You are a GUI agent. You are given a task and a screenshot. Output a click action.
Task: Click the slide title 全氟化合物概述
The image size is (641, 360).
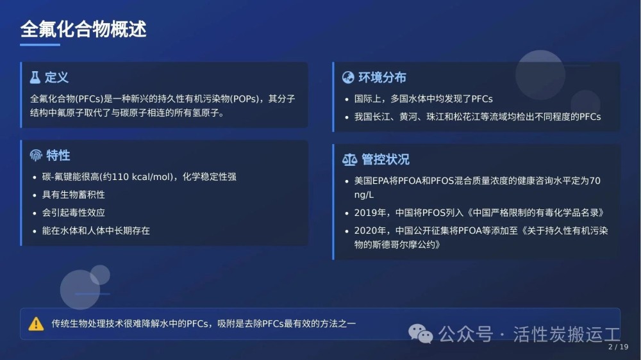pyautogui.click(x=83, y=29)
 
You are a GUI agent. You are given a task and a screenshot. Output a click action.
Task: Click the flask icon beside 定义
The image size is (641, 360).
pyautogui.click(x=35, y=78)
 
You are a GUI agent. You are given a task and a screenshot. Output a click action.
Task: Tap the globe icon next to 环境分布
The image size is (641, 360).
pyautogui.click(x=348, y=78)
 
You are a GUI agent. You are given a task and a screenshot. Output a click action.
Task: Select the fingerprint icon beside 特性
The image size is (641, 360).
pyautogui.click(x=36, y=155)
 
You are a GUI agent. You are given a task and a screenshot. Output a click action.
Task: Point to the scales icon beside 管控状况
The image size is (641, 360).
pyautogui.click(x=349, y=160)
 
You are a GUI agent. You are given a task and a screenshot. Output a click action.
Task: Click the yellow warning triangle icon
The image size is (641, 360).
pyautogui.click(x=36, y=323)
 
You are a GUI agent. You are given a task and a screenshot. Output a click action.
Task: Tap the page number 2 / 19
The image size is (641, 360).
pyautogui.click(x=618, y=347)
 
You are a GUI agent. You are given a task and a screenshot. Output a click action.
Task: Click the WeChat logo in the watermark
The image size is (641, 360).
pyautogui.click(x=420, y=334)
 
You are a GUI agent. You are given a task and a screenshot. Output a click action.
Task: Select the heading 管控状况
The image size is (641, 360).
pyautogui.click(x=385, y=160)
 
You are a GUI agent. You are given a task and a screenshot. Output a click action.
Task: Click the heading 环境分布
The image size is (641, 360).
pyautogui.click(x=382, y=78)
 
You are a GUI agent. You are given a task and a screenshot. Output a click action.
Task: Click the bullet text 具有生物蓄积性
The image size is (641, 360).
pyautogui.click(x=74, y=195)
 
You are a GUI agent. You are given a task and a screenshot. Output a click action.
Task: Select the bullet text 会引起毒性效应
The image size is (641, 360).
pyautogui.click(x=74, y=213)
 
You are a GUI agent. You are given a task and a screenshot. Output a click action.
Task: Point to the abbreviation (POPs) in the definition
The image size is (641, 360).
pyautogui.click(x=245, y=99)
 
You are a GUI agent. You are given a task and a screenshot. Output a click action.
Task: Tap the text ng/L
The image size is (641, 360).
pyautogui.click(x=364, y=195)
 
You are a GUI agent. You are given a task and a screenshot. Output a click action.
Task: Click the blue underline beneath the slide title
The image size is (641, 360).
pyautogui.click(x=40, y=45)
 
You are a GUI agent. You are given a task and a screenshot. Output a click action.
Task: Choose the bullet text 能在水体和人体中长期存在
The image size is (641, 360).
pyautogui.click(x=96, y=231)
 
